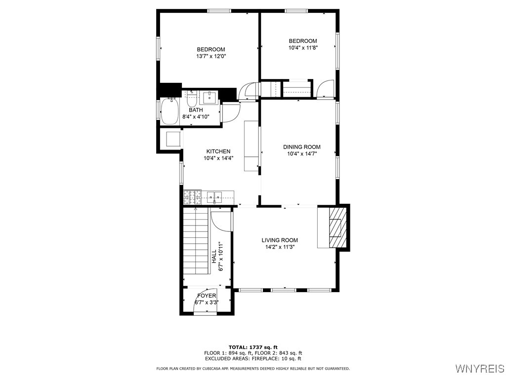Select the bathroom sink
point(210,96)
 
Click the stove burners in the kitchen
point(193,197)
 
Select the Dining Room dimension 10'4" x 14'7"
point(301,153)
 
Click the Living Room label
point(279,240)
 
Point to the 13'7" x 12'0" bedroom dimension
point(211,56)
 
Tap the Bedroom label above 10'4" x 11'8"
point(303,41)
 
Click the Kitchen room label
point(218,152)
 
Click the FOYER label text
point(207,295)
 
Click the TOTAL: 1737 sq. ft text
point(253,347)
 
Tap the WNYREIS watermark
point(479,369)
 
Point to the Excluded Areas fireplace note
point(253,359)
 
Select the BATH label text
point(196,110)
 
